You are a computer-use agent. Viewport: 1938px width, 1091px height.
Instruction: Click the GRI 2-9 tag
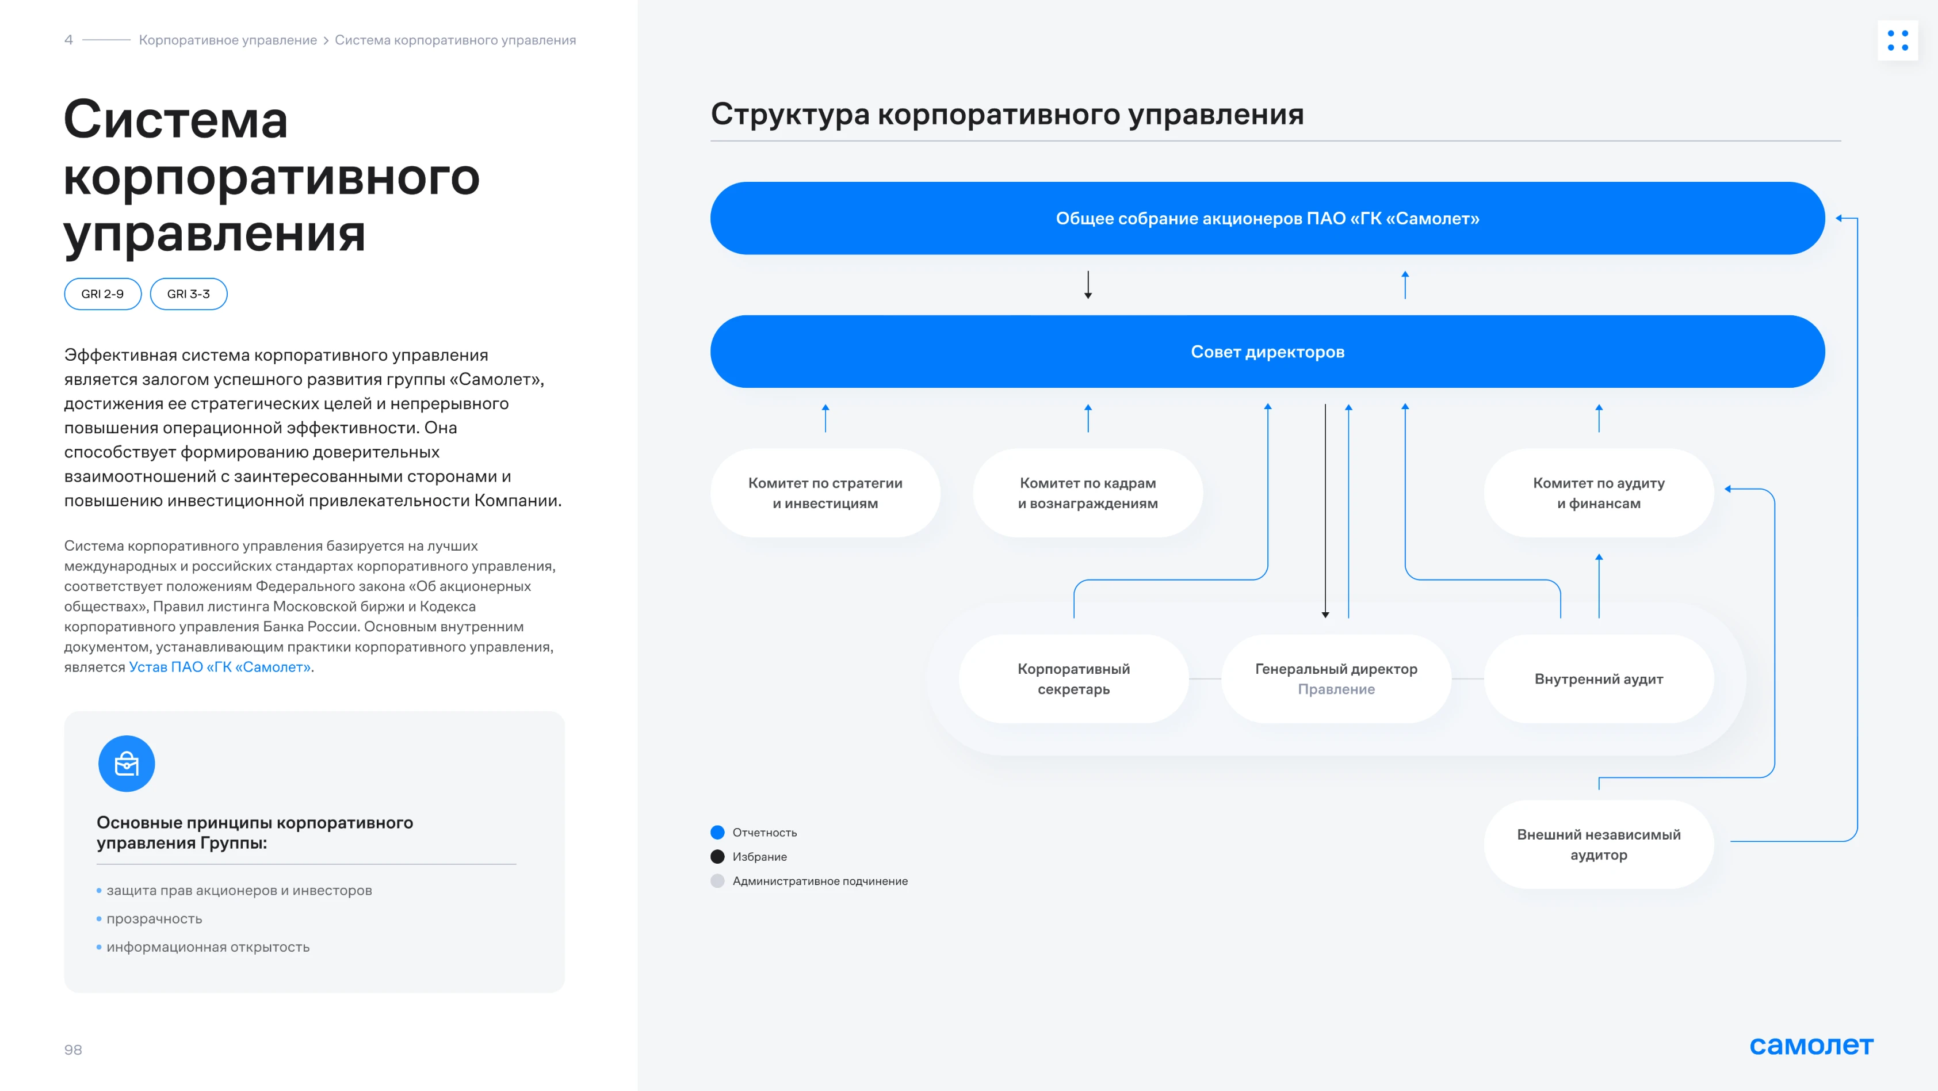tap(102, 293)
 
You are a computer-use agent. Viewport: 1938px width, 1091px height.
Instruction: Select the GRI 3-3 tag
tap(188, 293)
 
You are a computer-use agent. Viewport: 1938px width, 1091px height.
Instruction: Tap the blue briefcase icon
tap(127, 764)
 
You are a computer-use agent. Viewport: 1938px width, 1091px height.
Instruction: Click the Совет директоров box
tap(1268, 352)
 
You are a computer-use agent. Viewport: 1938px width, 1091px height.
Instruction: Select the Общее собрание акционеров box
tap(1268, 218)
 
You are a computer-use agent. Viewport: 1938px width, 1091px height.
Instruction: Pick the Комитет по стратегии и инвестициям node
tap(825, 493)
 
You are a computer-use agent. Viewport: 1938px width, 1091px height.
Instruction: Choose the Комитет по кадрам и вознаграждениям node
tap(1088, 493)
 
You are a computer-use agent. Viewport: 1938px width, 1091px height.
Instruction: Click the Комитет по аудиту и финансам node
tap(1599, 493)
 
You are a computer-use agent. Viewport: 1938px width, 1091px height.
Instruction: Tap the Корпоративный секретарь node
tap(1073, 678)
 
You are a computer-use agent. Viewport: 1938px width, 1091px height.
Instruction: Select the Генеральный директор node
tap(1336, 678)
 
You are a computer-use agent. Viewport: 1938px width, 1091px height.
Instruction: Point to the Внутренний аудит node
tap(1599, 678)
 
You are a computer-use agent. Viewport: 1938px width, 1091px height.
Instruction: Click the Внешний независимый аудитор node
tap(1599, 844)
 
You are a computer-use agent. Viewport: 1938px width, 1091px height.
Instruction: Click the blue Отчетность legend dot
tap(718, 832)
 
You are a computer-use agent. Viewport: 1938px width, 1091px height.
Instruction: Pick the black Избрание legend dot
tap(718, 856)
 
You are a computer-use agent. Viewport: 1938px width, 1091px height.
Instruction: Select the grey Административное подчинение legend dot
tap(718, 881)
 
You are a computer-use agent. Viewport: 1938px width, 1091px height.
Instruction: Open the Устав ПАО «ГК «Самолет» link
tap(220, 667)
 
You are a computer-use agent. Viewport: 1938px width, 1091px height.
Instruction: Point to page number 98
tap(73, 1050)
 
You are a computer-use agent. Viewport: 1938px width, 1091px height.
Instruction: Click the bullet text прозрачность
tap(154, 919)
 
